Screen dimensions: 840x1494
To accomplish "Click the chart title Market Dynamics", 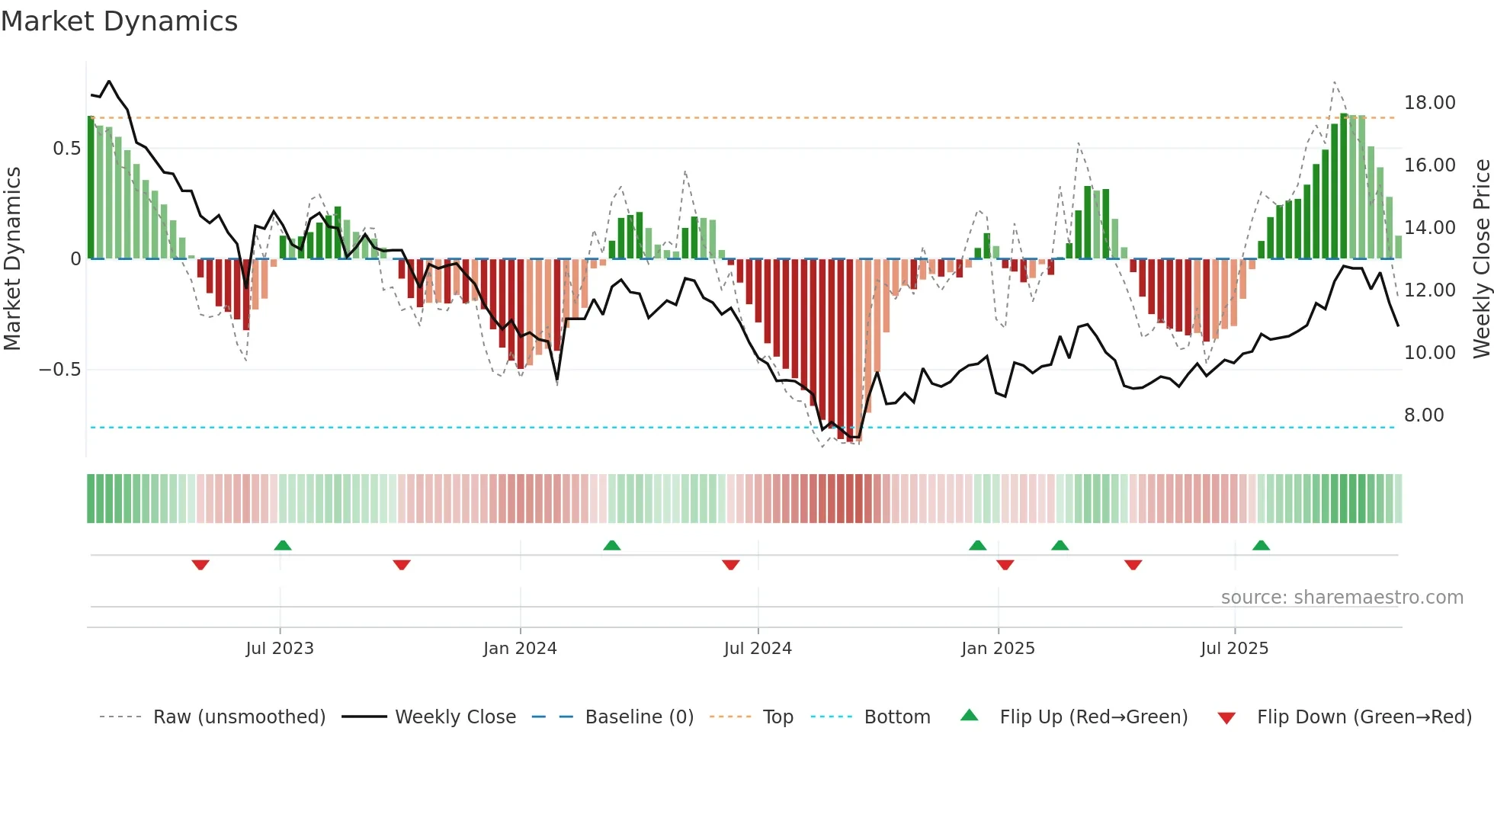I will (x=119, y=21).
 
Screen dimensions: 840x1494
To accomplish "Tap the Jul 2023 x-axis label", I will (x=280, y=649).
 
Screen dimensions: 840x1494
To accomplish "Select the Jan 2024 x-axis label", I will (x=520, y=649).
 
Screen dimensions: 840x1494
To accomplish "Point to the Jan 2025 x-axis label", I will (x=998, y=649).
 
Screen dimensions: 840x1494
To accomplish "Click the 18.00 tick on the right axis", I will (x=1429, y=103).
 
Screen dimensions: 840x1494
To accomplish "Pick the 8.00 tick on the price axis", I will (x=1424, y=415).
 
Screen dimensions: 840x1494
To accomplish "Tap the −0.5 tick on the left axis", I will (x=59, y=370).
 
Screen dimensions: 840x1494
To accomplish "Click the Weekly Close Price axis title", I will (x=1481, y=259).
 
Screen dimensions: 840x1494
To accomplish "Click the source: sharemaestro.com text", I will (x=1342, y=598).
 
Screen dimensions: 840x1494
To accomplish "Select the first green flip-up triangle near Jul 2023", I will (x=283, y=545).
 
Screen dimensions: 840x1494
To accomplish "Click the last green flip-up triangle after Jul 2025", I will (x=1261, y=545).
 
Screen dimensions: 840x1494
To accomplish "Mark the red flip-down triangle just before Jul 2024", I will (x=730, y=565).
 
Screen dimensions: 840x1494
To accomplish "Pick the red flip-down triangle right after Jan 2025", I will (x=1005, y=565).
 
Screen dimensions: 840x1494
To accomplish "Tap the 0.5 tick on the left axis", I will (x=66, y=149).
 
